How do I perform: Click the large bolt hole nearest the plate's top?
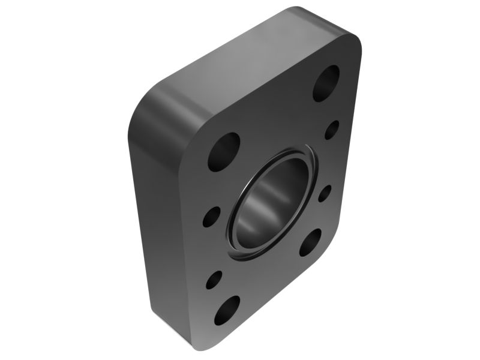pos(326,83)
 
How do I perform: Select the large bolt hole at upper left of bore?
pos(224,152)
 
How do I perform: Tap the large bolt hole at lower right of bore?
pos(310,242)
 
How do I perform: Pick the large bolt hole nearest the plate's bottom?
pos(227,310)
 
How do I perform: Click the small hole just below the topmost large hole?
pos(331,130)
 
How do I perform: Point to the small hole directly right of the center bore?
pos(325,193)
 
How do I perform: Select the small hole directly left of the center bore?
pos(211,217)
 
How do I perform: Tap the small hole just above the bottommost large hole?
pos(214,280)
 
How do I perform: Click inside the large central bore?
pos(270,201)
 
